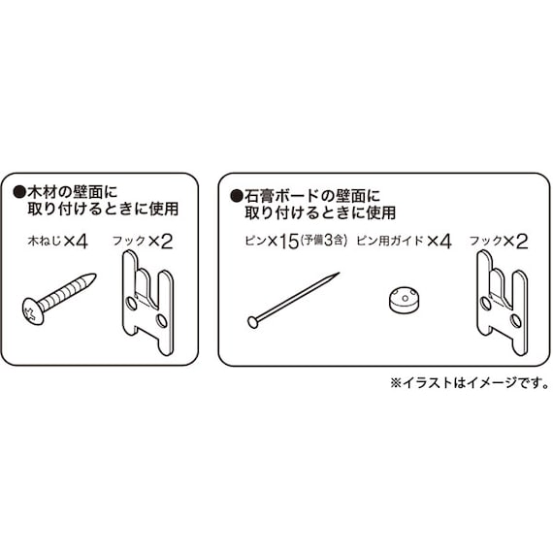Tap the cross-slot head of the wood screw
coord(33,313)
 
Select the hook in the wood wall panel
coord(148,293)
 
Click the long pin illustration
coord(293,299)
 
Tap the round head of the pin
coord(253,321)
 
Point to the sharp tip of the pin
coord(337,276)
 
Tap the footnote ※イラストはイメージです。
coord(470,382)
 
